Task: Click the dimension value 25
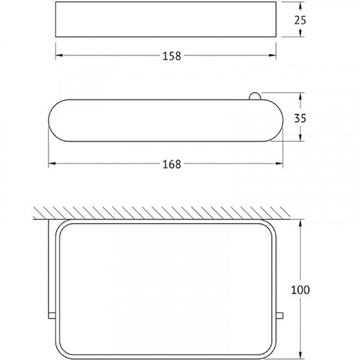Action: [300, 20]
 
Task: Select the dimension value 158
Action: [171, 56]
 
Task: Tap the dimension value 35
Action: [300, 118]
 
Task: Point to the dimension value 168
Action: [171, 164]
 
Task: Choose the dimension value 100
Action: [300, 289]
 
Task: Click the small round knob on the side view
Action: [254, 96]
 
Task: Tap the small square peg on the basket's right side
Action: [280, 315]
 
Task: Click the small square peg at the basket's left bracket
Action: [52, 315]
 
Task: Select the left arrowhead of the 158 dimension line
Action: [59, 55]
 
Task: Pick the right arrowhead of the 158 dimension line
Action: [273, 55]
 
